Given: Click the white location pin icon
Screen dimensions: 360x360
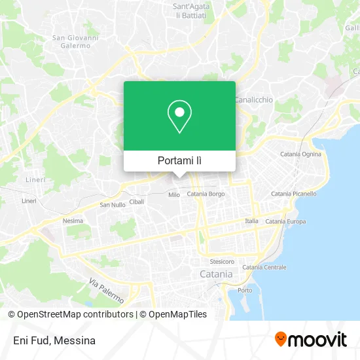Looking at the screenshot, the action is click(179, 117).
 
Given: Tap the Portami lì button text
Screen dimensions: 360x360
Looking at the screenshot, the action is click(179, 161).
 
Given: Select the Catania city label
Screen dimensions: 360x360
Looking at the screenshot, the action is click(215, 274).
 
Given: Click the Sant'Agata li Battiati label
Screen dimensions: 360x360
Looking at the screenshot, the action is click(189, 11).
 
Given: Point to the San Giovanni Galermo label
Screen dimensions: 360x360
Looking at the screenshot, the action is click(76, 41).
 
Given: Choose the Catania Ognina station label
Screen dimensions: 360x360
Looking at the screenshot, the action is click(300, 154).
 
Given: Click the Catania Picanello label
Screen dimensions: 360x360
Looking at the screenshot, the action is click(293, 194).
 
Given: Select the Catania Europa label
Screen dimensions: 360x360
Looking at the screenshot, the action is click(285, 221).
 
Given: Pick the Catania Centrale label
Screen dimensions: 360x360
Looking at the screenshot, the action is click(264, 267).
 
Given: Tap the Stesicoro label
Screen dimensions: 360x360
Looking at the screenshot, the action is click(222, 261).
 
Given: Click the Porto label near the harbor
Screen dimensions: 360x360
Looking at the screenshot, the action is click(245, 290).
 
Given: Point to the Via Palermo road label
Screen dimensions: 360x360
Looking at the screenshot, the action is click(106, 290).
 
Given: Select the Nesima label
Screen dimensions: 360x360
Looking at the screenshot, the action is click(73, 221).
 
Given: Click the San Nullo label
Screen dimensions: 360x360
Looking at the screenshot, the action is click(112, 205).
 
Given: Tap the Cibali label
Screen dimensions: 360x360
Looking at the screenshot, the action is click(137, 202).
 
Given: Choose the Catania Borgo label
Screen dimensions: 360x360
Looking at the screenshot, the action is click(206, 194).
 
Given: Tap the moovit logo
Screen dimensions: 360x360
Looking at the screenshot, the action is click(310, 339).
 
